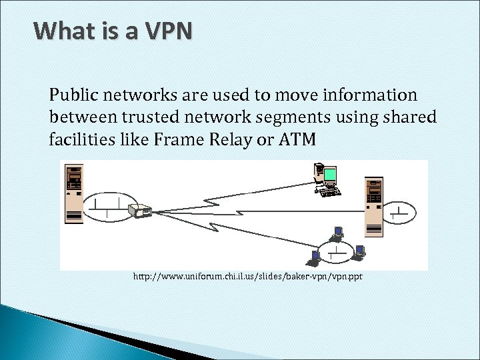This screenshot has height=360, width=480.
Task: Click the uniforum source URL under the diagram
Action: pos(247,276)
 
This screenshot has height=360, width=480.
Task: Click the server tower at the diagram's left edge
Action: pos(73,193)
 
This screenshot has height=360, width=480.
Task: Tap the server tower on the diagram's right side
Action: pos(374,207)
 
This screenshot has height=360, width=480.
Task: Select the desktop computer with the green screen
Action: pos(327,179)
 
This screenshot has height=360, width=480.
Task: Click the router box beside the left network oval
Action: pos(141,211)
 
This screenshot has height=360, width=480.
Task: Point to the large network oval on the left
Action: pos(107,206)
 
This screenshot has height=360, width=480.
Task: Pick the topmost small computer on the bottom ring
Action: pos(338,233)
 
